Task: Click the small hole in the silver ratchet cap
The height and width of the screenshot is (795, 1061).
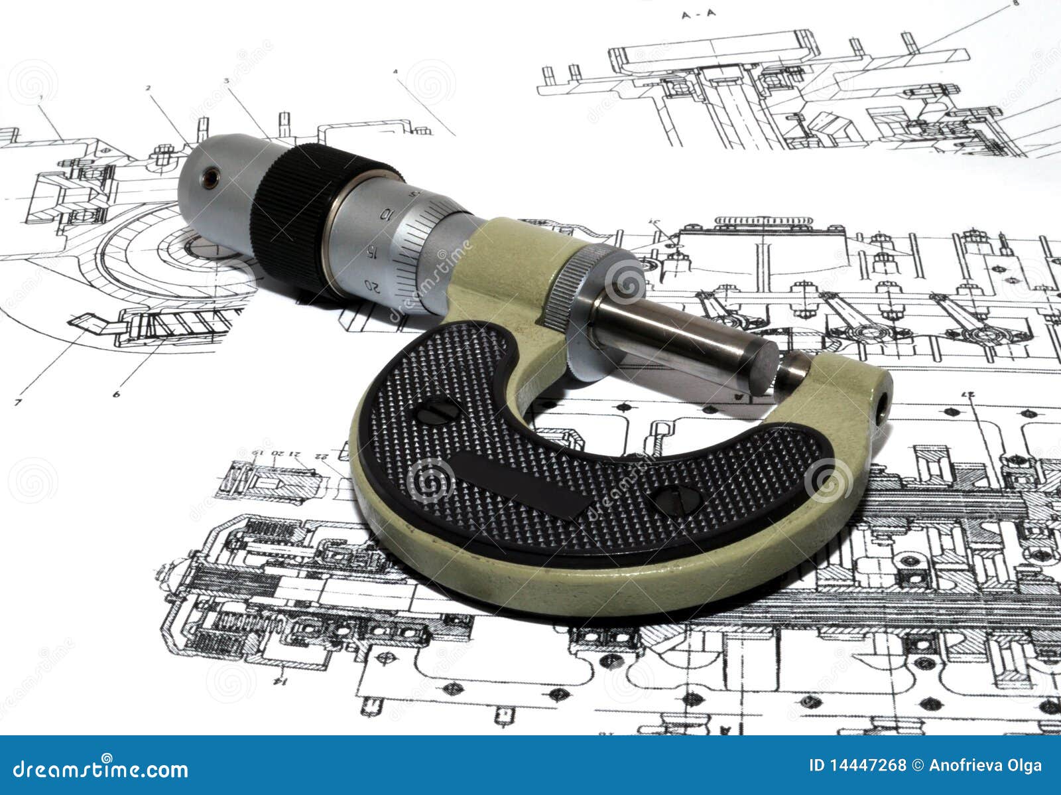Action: pyautogui.click(x=210, y=177)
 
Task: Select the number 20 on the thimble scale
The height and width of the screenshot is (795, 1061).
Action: pyautogui.click(x=373, y=286)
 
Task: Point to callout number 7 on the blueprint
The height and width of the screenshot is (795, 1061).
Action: pyautogui.click(x=18, y=402)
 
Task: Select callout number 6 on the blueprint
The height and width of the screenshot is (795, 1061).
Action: pyautogui.click(x=116, y=394)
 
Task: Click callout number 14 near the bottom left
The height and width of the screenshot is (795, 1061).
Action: pyautogui.click(x=281, y=681)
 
